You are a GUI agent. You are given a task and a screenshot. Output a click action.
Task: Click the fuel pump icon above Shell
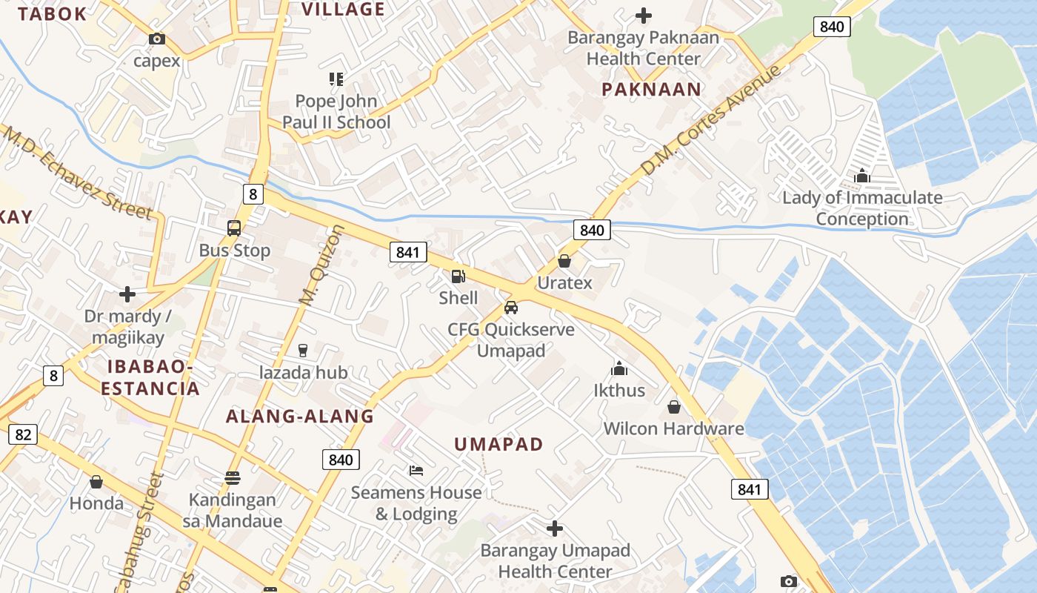tap(459, 276)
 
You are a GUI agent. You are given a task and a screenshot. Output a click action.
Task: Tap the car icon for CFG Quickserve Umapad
tap(510, 307)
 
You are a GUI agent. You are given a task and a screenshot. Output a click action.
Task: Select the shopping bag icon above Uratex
tap(564, 261)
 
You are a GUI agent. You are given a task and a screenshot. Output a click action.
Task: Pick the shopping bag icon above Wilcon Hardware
tap(674, 407)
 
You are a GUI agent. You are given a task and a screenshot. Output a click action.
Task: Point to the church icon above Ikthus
tap(619, 368)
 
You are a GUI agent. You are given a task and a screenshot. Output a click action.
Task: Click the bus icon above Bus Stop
tap(234, 228)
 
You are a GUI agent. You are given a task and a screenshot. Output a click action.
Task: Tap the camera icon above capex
tap(157, 39)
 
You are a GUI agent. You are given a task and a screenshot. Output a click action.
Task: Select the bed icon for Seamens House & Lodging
tap(416, 471)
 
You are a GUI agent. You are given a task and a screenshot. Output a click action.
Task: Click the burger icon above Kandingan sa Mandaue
tap(233, 478)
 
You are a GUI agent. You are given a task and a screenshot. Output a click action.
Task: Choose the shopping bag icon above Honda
tap(96, 483)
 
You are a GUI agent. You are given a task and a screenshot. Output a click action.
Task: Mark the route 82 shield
tap(23, 434)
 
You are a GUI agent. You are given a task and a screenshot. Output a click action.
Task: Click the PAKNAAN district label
tap(651, 90)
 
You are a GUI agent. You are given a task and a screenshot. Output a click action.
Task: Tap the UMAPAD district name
tap(499, 444)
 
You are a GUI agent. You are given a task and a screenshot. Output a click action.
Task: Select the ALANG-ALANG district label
tap(300, 417)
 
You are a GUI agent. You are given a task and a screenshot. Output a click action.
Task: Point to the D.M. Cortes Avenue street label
tap(711, 121)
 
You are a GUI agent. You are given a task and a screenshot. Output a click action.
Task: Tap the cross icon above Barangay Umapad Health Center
tap(555, 529)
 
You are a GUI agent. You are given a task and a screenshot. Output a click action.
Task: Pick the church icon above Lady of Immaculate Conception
tap(862, 176)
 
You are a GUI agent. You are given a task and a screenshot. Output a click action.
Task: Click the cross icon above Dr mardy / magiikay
tap(127, 294)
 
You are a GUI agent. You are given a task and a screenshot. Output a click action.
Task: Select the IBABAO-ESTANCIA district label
tap(150, 377)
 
